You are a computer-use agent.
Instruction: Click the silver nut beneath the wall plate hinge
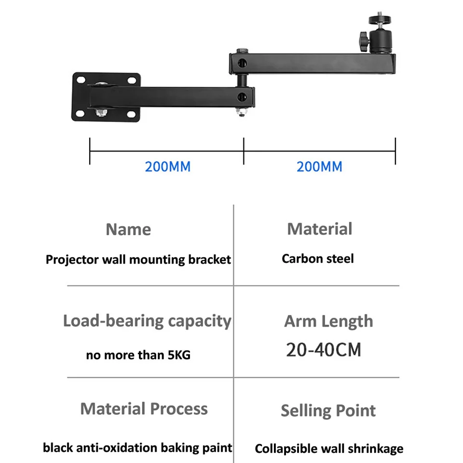point(101,112)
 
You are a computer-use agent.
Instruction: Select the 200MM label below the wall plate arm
point(167,167)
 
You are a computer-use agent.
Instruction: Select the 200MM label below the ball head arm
point(319,167)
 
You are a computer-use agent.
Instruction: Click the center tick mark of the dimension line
point(244,151)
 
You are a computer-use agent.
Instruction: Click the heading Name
point(128,230)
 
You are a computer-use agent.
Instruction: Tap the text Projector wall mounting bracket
point(138,259)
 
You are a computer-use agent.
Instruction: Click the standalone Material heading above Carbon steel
point(320,229)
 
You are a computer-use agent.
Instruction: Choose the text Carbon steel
point(318,259)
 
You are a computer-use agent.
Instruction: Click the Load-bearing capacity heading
point(147,321)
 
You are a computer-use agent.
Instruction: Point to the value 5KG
point(179,355)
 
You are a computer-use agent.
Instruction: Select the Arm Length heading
point(328,321)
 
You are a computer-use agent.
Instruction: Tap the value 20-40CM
point(323,349)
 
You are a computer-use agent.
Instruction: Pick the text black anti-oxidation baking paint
point(137,448)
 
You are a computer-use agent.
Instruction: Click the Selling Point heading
point(328,410)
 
